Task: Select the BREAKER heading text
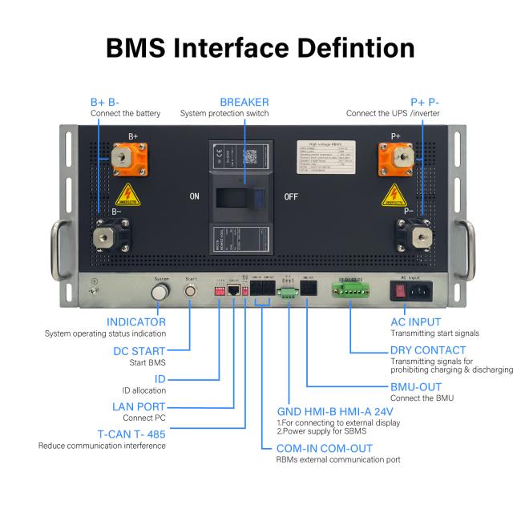click(244, 103)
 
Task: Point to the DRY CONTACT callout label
click(427, 350)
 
